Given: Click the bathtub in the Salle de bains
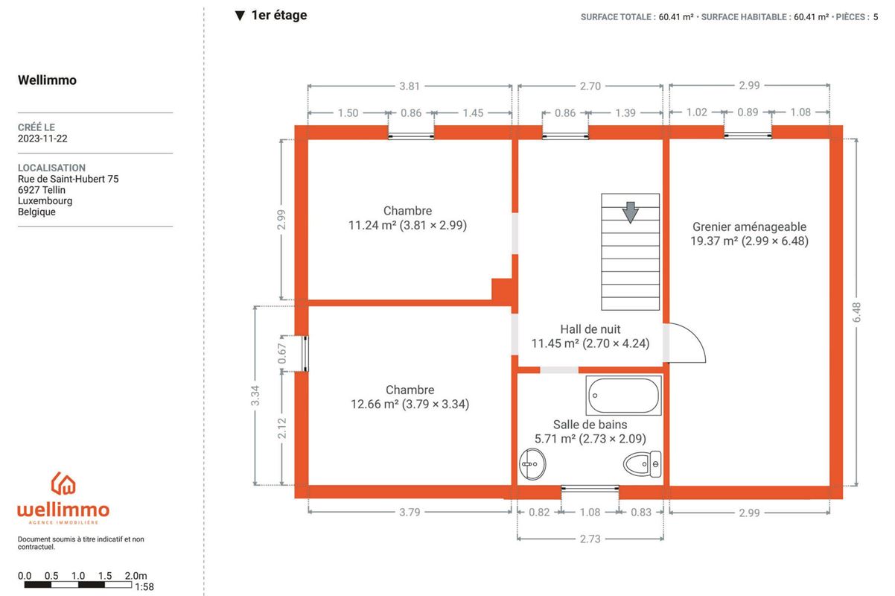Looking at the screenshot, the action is [x=623, y=396].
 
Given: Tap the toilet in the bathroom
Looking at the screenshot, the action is [x=642, y=463].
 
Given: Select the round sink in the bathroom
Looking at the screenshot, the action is [x=532, y=464].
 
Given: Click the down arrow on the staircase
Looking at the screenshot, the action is [x=630, y=212].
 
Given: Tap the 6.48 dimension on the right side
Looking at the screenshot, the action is [x=856, y=312].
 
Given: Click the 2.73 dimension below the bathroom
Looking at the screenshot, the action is [x=590, y=539].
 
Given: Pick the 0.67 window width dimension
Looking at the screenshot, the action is [x=282, y=353].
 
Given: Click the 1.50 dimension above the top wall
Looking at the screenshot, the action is [x=348, y=113].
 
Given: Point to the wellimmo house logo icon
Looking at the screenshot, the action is [x=63, y=483].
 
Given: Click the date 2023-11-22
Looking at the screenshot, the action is [x=42, y=139].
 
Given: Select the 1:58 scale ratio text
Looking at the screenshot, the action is [x=144, y=587].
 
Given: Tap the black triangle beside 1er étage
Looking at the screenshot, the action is [x=240, y=16].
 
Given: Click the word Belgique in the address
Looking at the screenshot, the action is [x=36, y=212].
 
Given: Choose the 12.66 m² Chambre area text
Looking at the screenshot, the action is [x=410, y=404].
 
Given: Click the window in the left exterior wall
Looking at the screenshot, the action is [x=305, y=354].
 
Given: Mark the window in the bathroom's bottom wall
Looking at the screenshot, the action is [x=590, y=488].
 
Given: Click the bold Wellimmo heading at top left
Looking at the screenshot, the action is [x=47, y=80].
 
